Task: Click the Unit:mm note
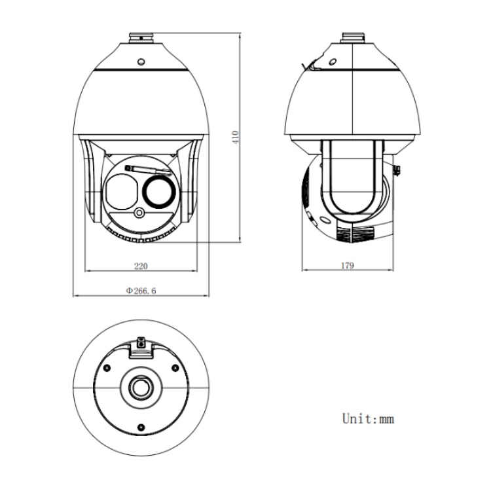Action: point(369,418)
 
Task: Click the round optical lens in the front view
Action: point(160,192)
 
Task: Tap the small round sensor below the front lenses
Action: point(140,213)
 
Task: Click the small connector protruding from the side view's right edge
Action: point(397,172)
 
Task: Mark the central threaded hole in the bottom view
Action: point(140,388)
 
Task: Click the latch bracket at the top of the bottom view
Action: point(140,346)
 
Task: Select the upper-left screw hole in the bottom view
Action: point(105,368)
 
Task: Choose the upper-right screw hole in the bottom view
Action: point(175,368)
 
